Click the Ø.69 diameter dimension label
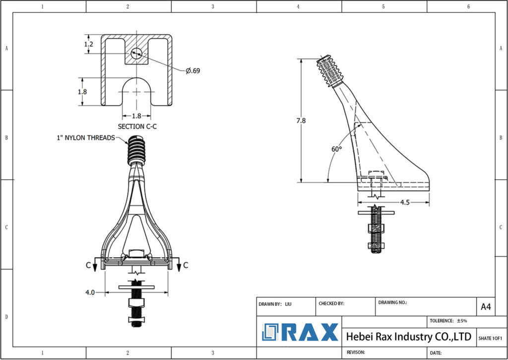[x=193, y=71]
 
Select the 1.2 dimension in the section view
[x=89, y=44]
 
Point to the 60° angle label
[x=337, y=149]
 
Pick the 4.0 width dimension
[x=90, y=293]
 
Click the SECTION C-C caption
[x=137, y=127]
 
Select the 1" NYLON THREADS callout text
[x=86, y=138]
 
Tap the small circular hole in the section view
[x=136, y=53]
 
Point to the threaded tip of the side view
[x=331, y=70]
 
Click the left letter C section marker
[x=88, y=266]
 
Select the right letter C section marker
[x=185, y=266]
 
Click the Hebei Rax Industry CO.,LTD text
[x=408, y=337]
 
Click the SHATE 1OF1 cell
[x=490, y=338]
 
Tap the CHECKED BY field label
[x=331, y=303]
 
